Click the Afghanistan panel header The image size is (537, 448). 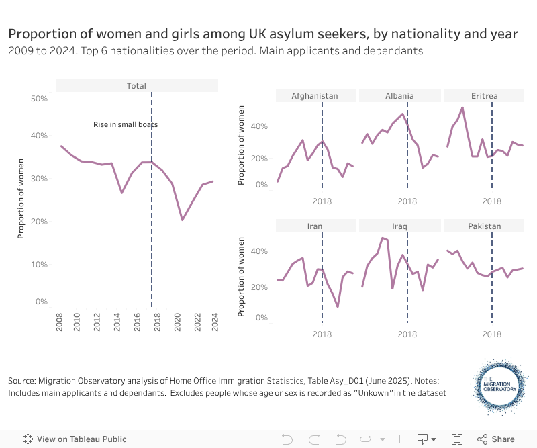(315, 95)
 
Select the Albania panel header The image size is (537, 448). (399, 95)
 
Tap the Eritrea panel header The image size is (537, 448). (484, 95)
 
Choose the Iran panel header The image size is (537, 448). (315, 226)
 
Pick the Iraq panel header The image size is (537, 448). (399, 226)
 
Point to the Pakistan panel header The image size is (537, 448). (484, 226)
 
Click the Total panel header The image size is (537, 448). (136, 85)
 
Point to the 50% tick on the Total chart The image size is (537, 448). (40, 98)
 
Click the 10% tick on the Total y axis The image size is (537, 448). (40, 264)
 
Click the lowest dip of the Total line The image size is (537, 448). (183, 220)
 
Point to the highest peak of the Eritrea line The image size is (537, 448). (462, 107)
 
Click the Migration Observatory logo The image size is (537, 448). (499, 385)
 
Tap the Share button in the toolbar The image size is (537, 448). (496, 439)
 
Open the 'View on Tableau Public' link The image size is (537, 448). (75, 439)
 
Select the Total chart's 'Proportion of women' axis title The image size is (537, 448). (21, 198)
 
